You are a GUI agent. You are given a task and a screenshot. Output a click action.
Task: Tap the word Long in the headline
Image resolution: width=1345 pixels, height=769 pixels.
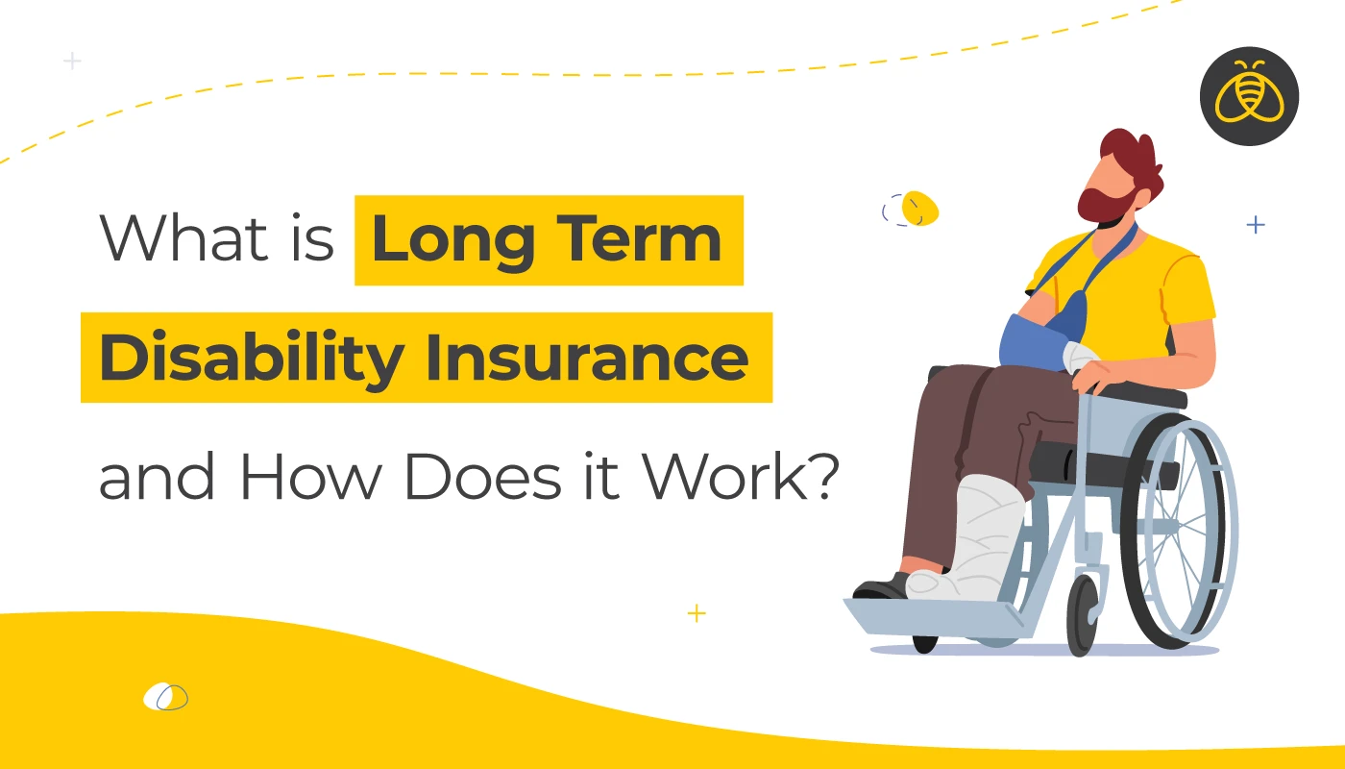pyautogui.click(x=453, y=241)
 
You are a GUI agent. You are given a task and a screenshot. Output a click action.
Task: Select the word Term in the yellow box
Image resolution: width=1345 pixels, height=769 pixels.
pyautogui.click(x=639, y=238)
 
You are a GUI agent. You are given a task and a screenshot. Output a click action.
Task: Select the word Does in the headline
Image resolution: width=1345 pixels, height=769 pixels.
pyautogui.click(x=483, y=477)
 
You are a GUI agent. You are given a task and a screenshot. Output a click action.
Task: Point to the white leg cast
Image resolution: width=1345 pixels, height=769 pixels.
pyautogui.click(x=968, y=540)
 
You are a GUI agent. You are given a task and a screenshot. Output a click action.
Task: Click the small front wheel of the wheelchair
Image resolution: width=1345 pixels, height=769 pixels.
pyautogui.click(x=1083, y=615)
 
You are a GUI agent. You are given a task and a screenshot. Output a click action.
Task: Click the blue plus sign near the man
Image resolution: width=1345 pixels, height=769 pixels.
pyautogui.click(x=1256, y=225)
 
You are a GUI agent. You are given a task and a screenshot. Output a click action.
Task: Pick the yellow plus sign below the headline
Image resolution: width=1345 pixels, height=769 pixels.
pyautogui.click(x=697, y=613)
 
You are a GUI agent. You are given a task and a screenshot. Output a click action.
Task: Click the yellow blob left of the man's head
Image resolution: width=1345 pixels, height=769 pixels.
pyautogui.click(x=920, y=208)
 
